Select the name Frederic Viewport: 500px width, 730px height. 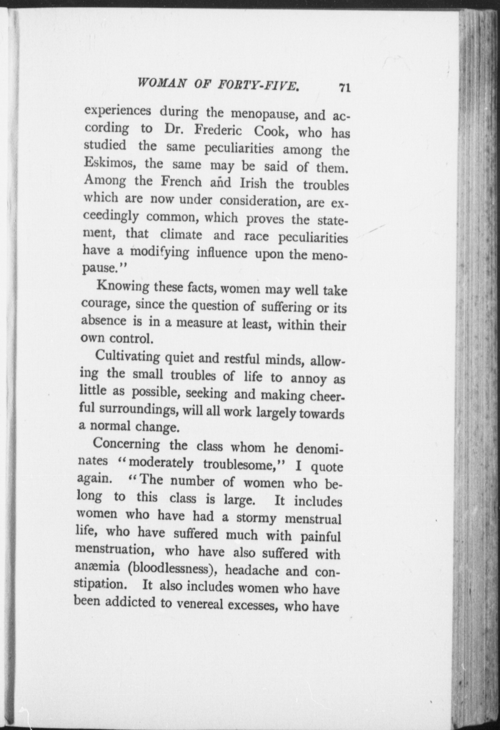[x=218, y=130]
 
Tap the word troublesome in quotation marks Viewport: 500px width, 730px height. [x=241, y=465]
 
